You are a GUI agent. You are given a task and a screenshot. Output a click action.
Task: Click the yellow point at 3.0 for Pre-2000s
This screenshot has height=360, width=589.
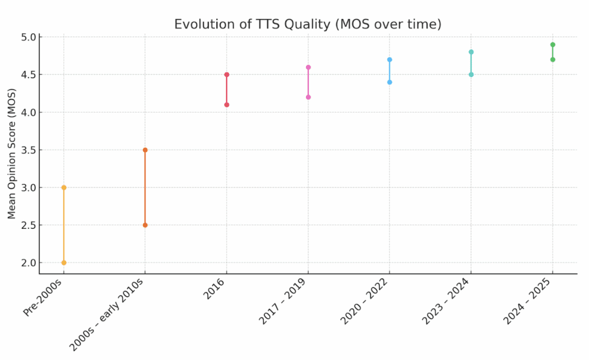(x=64, y=187)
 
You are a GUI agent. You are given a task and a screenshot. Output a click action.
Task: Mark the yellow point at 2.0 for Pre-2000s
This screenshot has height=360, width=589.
(x=64, y=263)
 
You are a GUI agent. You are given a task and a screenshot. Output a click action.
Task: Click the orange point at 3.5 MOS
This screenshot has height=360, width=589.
(x=145, y=150)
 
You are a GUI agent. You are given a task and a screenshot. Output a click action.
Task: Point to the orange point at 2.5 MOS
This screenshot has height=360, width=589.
(x=145, y=225)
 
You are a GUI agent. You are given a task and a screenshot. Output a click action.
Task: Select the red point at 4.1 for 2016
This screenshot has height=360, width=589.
(x=227, y=105)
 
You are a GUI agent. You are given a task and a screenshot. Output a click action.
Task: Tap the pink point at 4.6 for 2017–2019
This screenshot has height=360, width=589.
(x=308, y=67)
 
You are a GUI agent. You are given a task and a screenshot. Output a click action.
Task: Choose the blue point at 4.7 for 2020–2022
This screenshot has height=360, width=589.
(x=389, y=60)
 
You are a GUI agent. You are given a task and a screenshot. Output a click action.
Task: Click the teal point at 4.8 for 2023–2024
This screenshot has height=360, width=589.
(x=471, y=52)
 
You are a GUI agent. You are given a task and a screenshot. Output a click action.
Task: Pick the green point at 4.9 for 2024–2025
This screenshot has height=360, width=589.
(x=552, y=45)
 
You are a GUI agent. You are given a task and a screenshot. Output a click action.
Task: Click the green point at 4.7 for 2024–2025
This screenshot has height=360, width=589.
(x=552, y=60)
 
